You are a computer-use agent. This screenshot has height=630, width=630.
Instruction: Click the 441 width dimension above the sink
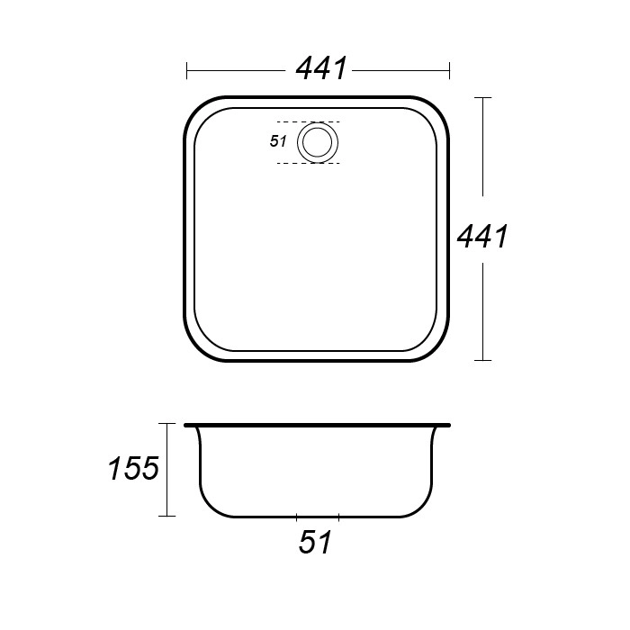coord(321,68)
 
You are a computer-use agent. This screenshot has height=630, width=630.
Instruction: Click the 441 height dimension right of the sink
coord(482,236)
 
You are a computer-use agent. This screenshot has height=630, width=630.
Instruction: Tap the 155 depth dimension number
coord(134,469)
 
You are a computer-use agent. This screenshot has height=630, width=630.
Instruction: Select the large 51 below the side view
coord(315,543)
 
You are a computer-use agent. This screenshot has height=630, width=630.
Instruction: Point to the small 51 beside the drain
coord(278,141)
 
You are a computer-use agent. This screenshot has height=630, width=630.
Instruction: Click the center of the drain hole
coord(318,142)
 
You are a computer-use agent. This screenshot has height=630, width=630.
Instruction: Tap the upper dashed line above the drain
coord(309,121)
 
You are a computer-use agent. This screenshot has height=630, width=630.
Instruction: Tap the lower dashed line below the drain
coord(309,163)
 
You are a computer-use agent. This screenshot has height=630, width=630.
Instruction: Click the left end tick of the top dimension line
coord(187,70)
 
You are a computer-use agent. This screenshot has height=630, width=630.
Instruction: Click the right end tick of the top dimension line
coord(449,70)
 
